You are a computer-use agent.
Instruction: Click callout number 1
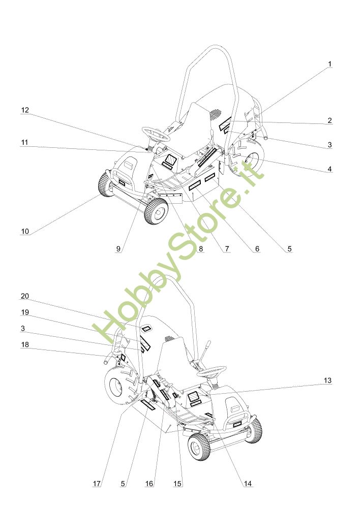[x=329, y=64]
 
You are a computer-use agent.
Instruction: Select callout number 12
[x=25, y=110]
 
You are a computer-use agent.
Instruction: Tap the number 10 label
[x=25, y=231]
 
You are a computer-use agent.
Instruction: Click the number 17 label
[x=97, y=484]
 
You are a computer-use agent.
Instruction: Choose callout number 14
[x=248, y=484]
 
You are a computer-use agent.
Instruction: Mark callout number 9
[x=118, y=249]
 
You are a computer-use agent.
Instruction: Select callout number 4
[x=329, y=169]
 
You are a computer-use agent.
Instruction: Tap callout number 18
[x=25, y=344]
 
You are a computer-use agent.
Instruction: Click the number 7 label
[x=227, y=249]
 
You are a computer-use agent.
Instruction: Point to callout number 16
[x=149, y=484]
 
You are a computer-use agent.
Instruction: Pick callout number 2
[x=329, y=120]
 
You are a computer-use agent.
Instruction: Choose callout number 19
[x=25, y=312]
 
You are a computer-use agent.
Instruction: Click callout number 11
[x=25, y=143]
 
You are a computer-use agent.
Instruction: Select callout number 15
[x=177, y=484]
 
